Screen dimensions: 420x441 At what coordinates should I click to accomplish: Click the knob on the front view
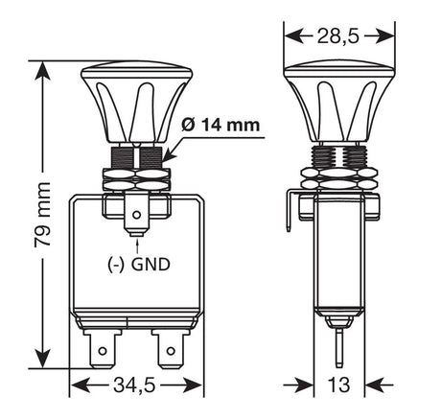(139, 101)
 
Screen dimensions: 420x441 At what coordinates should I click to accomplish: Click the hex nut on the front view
(139, 177)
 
